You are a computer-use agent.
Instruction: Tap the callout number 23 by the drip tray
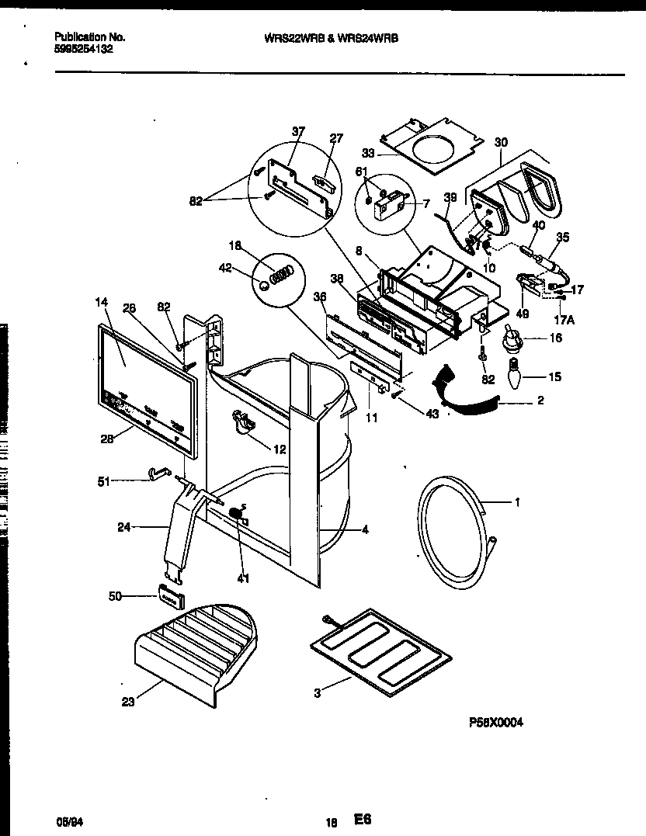[128, 702]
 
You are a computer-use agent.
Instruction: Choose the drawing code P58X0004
[496, 722]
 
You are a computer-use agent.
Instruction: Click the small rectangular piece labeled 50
[172, 596]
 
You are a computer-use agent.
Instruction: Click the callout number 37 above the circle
[298, 132]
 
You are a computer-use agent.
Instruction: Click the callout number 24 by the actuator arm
[123, 528]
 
